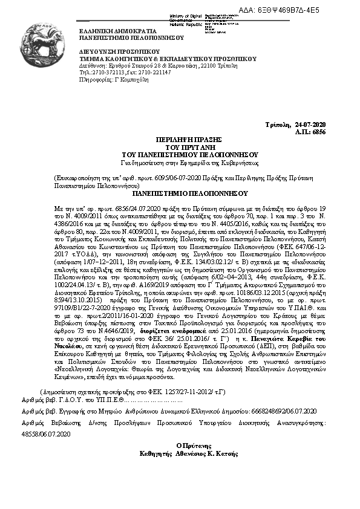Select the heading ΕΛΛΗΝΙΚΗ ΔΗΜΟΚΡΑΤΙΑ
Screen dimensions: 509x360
coord(118,30)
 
